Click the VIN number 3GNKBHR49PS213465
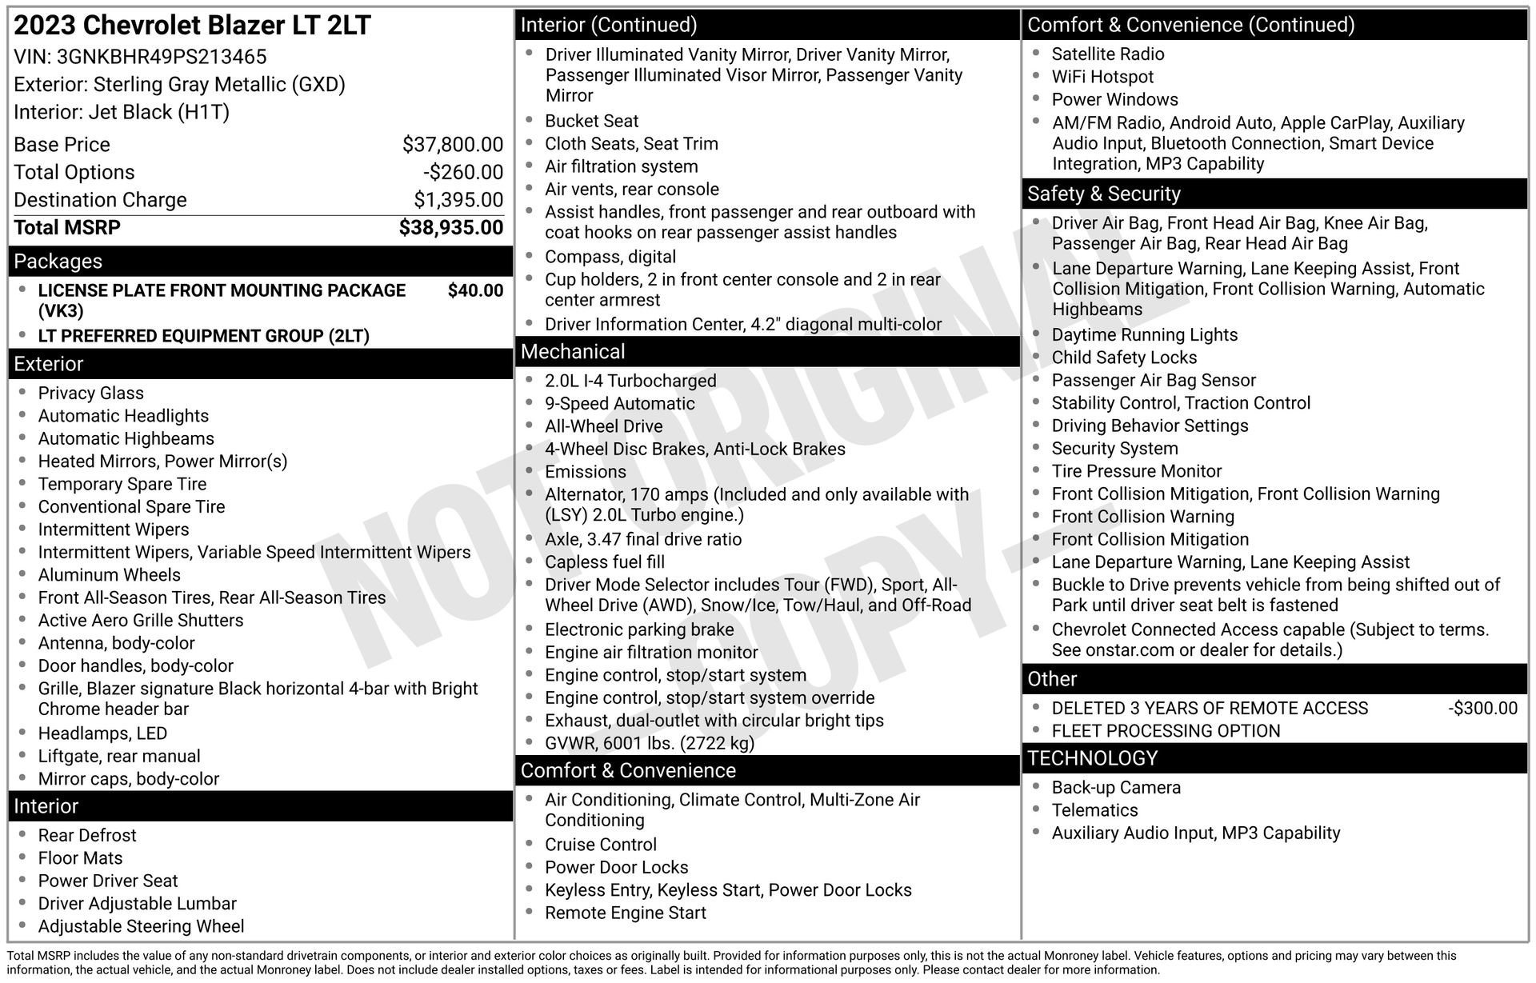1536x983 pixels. [x=162, y=57]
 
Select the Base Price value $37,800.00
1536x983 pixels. [x=452, y=145]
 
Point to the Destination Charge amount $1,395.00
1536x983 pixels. [x=458, y=200]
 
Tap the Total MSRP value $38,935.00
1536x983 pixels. [x=450, y=228]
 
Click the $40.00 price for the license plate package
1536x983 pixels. [x=475, y=290]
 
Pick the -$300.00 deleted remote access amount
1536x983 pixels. [x=1482, y=708]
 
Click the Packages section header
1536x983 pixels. [x=58, y=262]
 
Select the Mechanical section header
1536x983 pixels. [x=573, y=352]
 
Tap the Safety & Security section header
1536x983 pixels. [x=1103, y=194]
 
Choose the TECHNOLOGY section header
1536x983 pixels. [x=1092, y=758]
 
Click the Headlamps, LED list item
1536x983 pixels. [x=102, y=733]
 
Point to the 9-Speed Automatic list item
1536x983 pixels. [x=619, y=404]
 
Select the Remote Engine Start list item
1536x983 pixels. [x=625, y=913]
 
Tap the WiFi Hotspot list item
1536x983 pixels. [x=1102, y=77]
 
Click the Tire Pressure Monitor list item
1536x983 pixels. [x=1136, y=471]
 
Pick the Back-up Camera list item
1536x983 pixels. [x=1115, y=787]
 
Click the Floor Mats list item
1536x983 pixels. [x=80, y=858]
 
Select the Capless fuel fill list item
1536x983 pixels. [x=604, y=562]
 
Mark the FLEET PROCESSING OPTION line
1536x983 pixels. [x=1165, y=731]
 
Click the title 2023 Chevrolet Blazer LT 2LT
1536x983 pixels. [x=192, y=26]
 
